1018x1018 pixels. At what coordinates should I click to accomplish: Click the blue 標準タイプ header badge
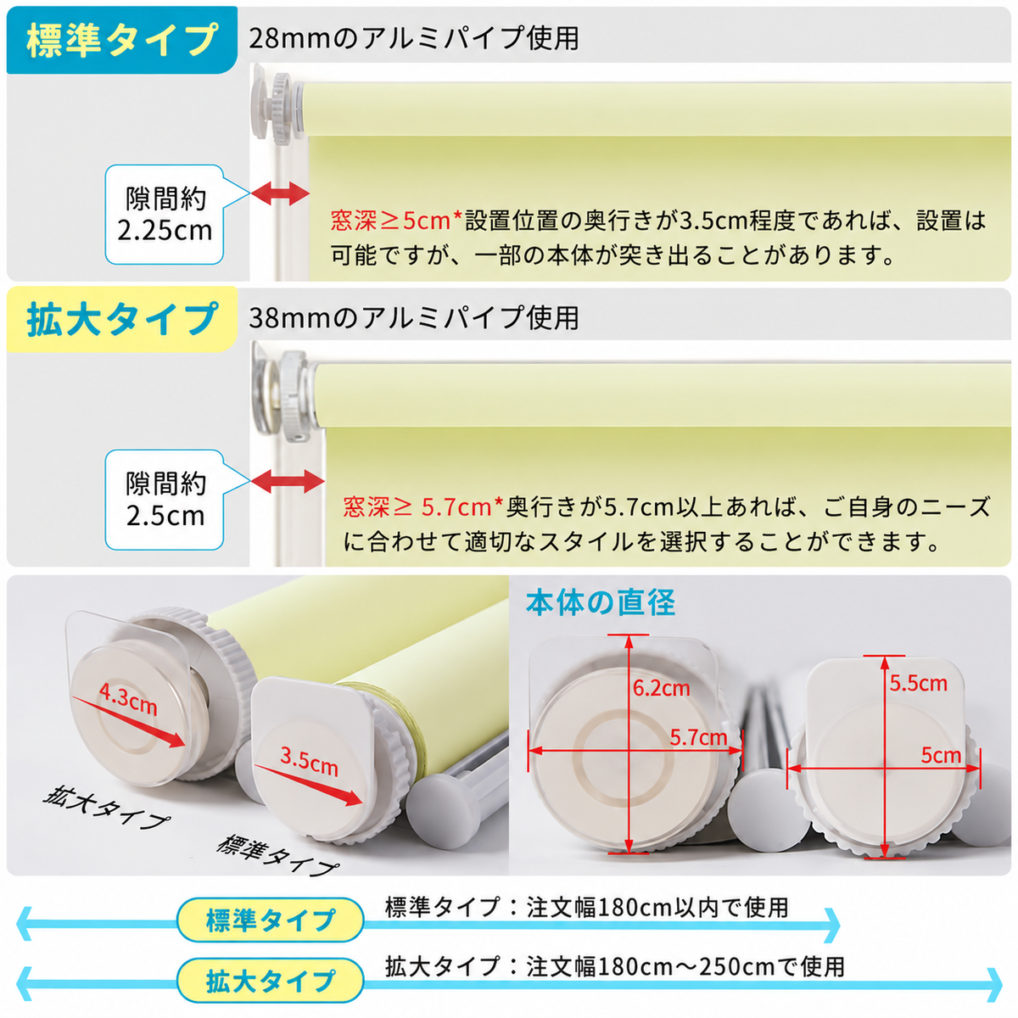click(x=121, y=40)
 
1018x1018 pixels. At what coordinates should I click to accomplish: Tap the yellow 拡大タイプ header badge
click(x=121, y=319)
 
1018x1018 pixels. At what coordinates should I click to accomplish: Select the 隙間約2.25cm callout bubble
click(x=165, y=214)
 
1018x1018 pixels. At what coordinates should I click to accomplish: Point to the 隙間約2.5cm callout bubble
click(x=165, y=499)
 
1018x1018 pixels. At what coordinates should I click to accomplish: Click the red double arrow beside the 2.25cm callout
click(x=280, y=193)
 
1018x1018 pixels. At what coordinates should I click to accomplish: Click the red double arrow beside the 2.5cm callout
click(x=288, y=481)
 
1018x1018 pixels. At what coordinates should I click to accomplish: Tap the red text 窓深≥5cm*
click(x=396, y=221)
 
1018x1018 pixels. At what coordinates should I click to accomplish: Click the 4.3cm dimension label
click(x=128, y=699)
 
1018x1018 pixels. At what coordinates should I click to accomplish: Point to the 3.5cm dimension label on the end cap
click(x=309, y=763)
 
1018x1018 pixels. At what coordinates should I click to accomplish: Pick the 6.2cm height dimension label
click(x=662, y=688)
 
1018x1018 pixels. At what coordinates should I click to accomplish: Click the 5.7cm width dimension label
click(x=698, y=738)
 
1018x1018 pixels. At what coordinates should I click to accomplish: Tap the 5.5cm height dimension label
click(x=919, y=684)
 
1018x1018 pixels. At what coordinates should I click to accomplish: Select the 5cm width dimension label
click(x=941, y=756)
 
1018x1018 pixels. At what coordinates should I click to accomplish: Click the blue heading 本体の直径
click(x=601, y=603)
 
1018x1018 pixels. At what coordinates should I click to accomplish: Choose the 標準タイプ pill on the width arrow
click(x=271, y=920)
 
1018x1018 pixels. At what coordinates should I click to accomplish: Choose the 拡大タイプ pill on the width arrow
click(x=271, y=980)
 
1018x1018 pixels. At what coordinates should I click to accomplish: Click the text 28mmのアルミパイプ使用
click(x=414, y=38)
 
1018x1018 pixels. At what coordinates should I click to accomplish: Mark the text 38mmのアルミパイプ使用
click(x=414, y=318)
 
